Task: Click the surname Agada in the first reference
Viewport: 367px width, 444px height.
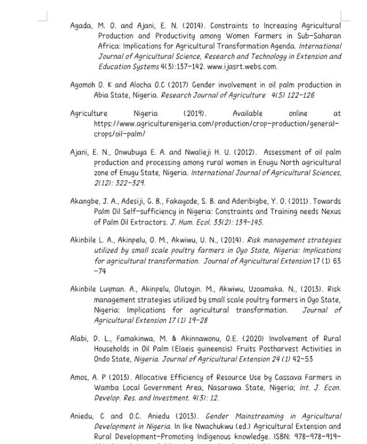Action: click(x=81, y=26)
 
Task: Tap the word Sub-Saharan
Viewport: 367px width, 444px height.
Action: click(x=317, y=36)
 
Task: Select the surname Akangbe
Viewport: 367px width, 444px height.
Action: click(x=86, y=202)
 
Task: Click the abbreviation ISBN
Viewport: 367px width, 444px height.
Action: click(x=279, y=436)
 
